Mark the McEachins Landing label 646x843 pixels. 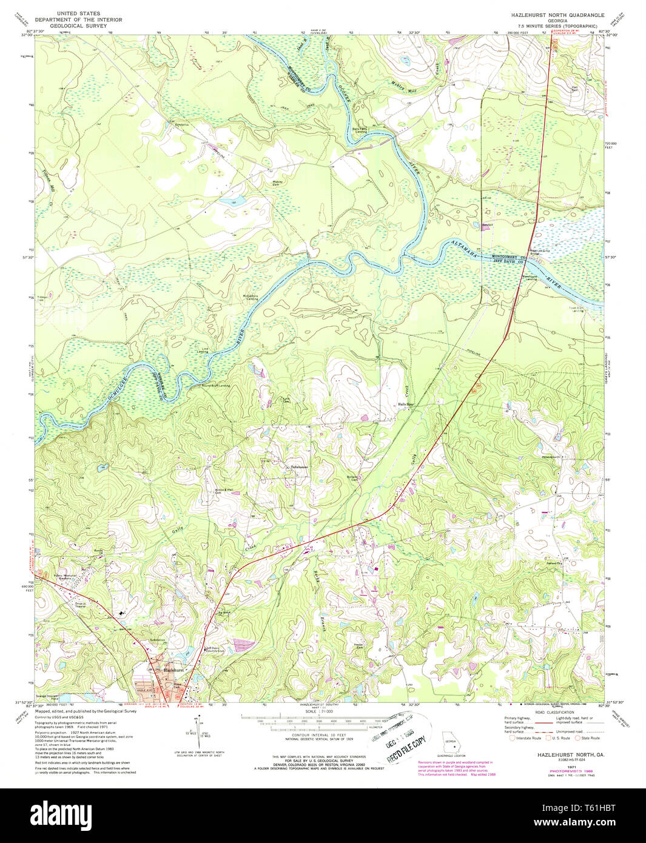(251, 298)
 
